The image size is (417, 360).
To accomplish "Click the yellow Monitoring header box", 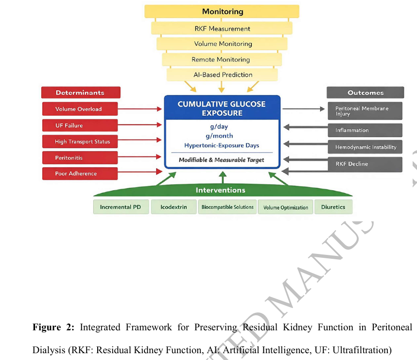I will (x=222, y=11).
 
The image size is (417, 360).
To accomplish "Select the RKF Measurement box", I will (x=222, y=29).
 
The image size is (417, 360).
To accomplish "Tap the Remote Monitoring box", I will (x=222, y=59).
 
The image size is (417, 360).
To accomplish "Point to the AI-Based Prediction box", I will (x=222, y=75).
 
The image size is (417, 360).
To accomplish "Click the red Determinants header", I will (x=80, y=92).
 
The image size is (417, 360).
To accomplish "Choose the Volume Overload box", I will (x=80, y=109).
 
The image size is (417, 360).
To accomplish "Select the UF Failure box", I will (x=80, y=126).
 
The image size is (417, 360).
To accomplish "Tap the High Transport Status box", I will (x=80, y=142).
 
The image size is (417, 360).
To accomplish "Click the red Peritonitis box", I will (x=80, y=158).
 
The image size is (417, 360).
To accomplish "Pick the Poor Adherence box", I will (x=80, y=174).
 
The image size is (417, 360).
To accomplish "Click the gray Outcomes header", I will (x=365, y=92).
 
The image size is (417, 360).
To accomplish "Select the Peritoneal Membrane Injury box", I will (x=365, y=111).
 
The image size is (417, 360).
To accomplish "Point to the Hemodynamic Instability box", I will (x=365, y=147).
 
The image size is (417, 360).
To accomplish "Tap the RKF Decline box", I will (x=365, y=164).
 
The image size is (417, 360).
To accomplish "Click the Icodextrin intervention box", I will (x=173, y=207).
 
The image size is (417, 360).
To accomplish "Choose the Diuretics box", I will (x=333, y=207).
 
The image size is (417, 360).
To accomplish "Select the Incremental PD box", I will (x=121, y=207).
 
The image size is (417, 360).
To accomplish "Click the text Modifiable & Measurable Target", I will (x=222, y=160).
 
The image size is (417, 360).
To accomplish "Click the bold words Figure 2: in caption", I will (x=53, y=327).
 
